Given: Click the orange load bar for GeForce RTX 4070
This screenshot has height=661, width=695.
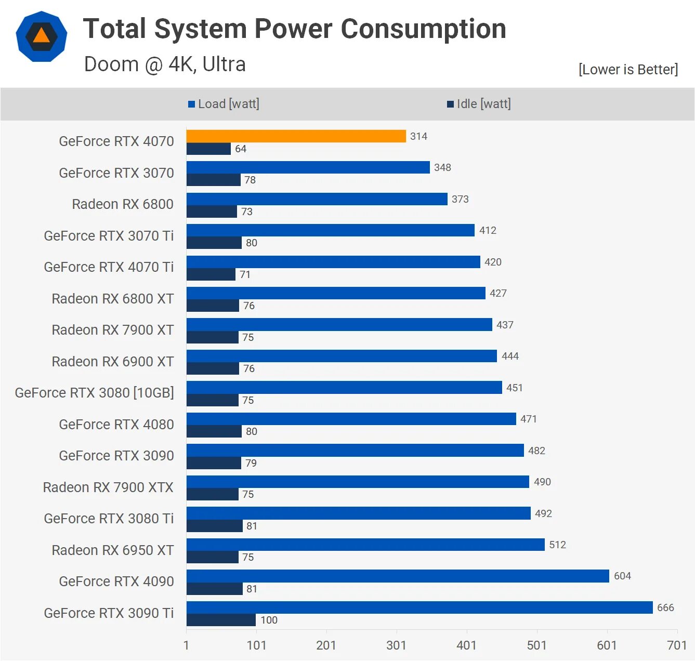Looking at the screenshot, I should coord(296,136).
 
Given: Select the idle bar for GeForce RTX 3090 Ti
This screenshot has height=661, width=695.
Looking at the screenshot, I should coord(221,620).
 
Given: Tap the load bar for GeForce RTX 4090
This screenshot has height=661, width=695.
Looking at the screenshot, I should coord(398,576).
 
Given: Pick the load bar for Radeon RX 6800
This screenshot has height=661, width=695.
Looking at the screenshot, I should coord(317,199).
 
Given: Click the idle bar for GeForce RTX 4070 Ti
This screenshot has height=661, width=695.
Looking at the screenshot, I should coord(211,274).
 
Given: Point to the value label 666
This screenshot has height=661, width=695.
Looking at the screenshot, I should coord(665,607).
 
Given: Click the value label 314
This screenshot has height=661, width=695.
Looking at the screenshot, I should coord(418,136).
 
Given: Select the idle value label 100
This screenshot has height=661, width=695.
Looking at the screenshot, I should coord(269,620).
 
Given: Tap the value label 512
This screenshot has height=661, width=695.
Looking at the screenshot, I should coord(557,545).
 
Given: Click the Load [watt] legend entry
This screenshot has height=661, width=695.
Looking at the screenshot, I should coord(224,104).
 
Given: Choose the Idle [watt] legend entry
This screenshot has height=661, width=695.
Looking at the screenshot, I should coord(479,104).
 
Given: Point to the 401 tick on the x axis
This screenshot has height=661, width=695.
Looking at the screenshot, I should coord(466,645).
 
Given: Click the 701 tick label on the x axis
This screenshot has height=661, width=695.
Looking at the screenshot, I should coord(676,645).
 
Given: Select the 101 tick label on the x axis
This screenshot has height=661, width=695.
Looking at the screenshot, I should coord(256,645).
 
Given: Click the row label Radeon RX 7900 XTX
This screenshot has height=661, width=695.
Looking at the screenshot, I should coord(108,487).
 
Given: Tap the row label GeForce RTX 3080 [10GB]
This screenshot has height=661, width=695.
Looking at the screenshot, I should coord(94,393).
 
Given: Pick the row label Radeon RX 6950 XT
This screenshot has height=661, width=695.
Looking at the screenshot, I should coord(112,550).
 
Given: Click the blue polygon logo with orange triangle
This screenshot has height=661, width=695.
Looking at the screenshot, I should coord(42,36).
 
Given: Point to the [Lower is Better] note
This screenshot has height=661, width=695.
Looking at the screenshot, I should coord(628,70).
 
